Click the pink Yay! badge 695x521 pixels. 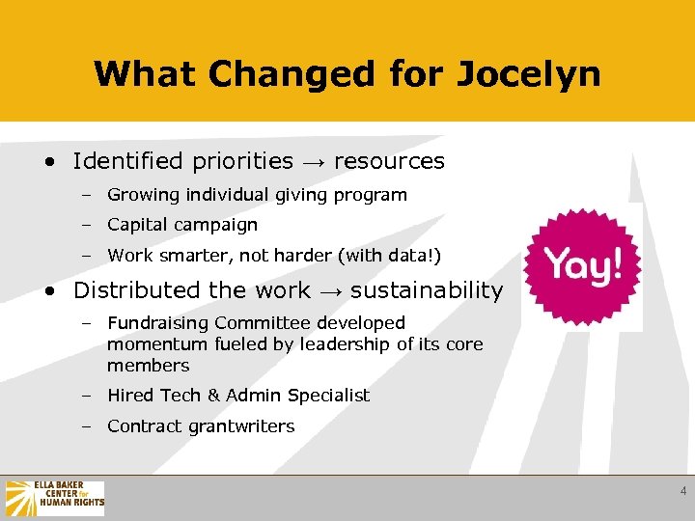581,266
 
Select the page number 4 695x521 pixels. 683,491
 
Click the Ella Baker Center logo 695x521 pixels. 55,498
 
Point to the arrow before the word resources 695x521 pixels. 313,162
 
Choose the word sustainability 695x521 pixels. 426,290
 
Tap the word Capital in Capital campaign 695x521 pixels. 134,225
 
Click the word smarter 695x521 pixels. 187,256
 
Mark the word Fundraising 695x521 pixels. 158,323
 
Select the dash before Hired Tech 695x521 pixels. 86,396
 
